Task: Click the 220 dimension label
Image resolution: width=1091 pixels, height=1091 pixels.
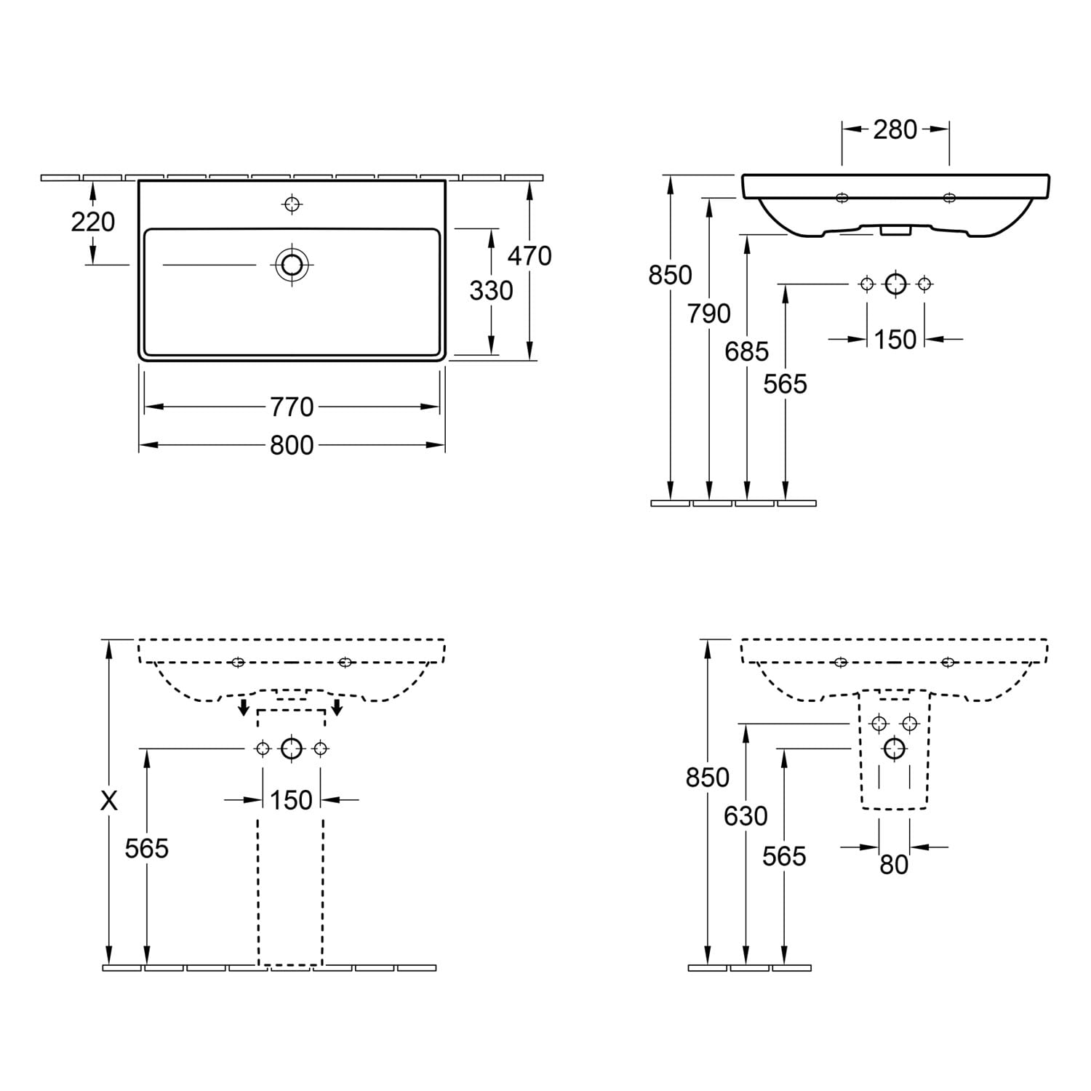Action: point(93,221)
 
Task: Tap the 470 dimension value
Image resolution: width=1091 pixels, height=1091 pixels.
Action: point(529,256)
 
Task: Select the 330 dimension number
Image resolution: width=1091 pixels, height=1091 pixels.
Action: point(491,291)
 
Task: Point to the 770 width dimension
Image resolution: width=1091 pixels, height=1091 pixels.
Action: point(292,407)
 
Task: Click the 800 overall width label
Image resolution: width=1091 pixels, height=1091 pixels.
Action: point(292,445)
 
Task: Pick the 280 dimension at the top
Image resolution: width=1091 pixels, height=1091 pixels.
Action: point(895,129)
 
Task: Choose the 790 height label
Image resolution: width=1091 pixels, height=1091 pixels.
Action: point(709,314)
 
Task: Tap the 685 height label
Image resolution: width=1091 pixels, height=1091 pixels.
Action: point(747,352)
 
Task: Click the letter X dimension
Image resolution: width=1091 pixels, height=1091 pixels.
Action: point(108,801)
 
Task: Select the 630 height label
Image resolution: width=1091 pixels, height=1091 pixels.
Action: point(746,816)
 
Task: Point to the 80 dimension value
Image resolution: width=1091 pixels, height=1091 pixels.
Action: point(894,864)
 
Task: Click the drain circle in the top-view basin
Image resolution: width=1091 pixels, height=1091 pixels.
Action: point(292,265)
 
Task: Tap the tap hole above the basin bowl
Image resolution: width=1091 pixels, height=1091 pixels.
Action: point(292,204)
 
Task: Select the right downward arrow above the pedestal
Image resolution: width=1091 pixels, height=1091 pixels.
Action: point(337,706)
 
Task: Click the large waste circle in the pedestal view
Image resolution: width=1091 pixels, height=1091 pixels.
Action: point(292,748)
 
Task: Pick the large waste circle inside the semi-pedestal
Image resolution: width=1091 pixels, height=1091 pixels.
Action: point(894,748)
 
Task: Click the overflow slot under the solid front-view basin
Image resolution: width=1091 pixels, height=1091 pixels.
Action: point(895,231)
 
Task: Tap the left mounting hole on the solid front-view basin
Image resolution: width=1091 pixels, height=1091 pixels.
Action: point(842,198)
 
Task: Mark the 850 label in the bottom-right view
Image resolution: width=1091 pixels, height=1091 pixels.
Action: point(708,778)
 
